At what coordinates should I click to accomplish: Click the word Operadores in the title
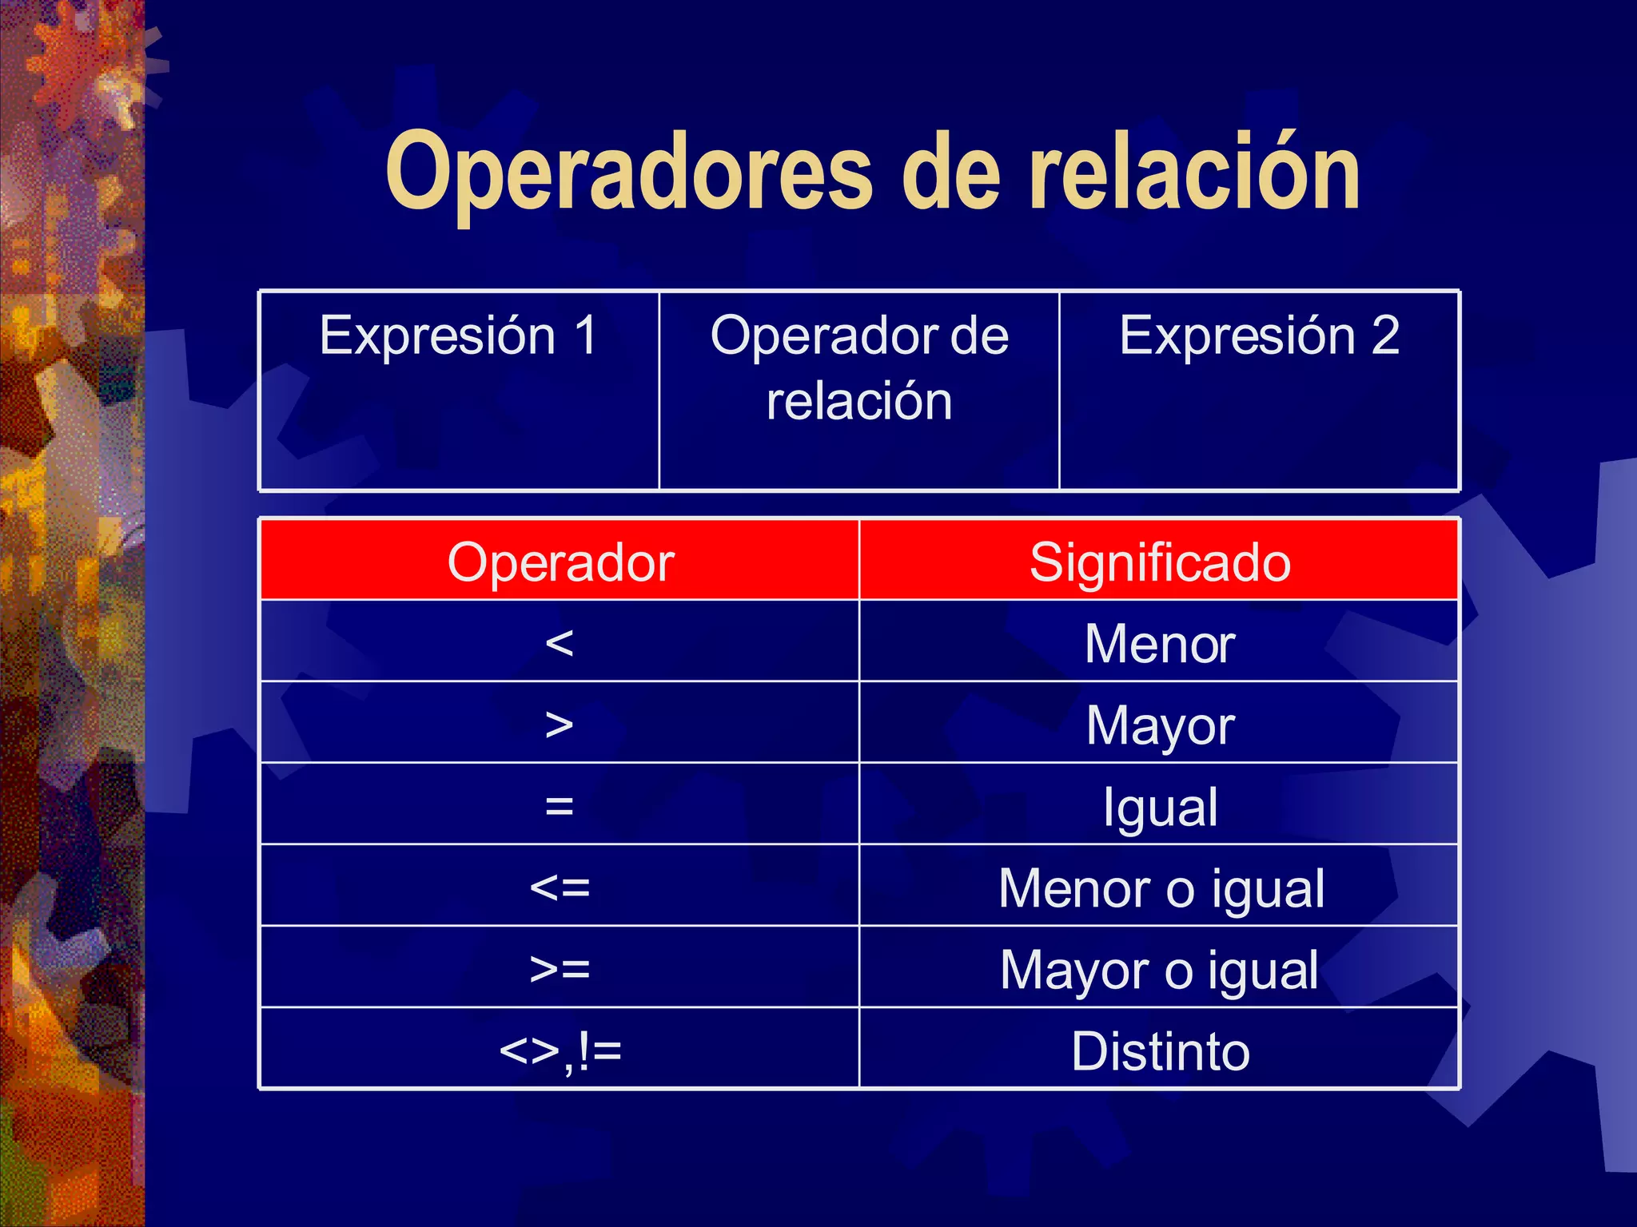[x=628, y=174]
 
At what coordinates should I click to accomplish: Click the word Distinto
[x=1160, y=1051]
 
